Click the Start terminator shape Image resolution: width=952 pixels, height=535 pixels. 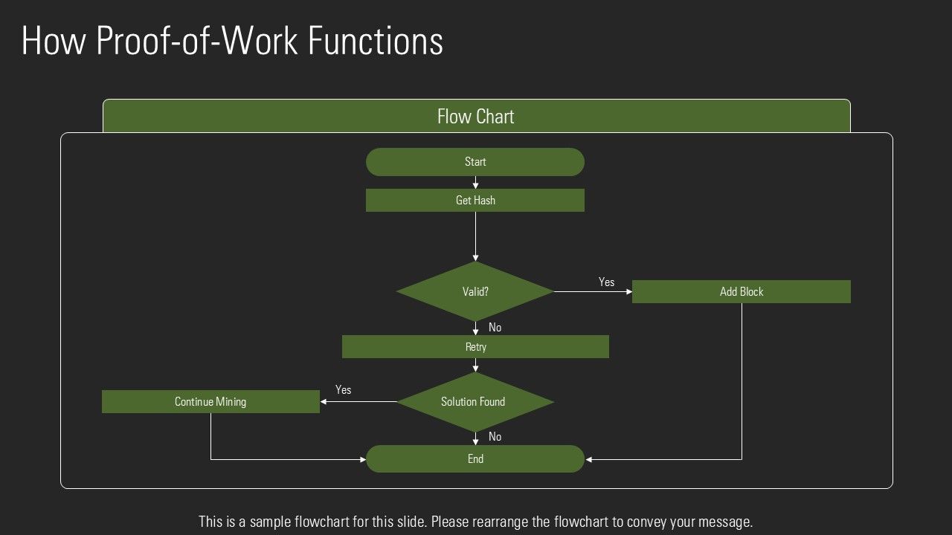[475, 162]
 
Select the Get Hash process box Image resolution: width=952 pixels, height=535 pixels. [475, 200]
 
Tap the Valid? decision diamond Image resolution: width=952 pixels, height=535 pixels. [475, 291]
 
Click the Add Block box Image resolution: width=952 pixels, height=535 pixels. [741, 291]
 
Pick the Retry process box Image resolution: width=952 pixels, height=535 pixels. [475, 346]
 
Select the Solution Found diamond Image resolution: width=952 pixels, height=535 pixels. [475, 402]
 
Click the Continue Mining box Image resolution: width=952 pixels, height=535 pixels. [210, 401]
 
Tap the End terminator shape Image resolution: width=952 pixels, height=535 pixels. [475, 458]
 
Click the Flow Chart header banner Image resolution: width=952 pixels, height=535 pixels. [476, 117]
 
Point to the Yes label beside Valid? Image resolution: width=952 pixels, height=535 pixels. [606, 282]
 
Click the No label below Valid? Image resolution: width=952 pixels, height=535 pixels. [495, 328]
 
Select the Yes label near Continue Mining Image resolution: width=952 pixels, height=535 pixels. [343, 390]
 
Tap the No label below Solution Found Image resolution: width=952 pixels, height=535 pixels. [495, 437]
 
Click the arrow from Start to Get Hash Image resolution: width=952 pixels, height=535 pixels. [475, 182]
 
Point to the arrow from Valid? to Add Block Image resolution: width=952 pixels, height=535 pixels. [593, 292]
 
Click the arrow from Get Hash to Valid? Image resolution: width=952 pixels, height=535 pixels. [475, 236]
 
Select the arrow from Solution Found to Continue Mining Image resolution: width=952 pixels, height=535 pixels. [358, 402]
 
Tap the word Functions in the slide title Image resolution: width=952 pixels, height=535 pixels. [376, 42]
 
